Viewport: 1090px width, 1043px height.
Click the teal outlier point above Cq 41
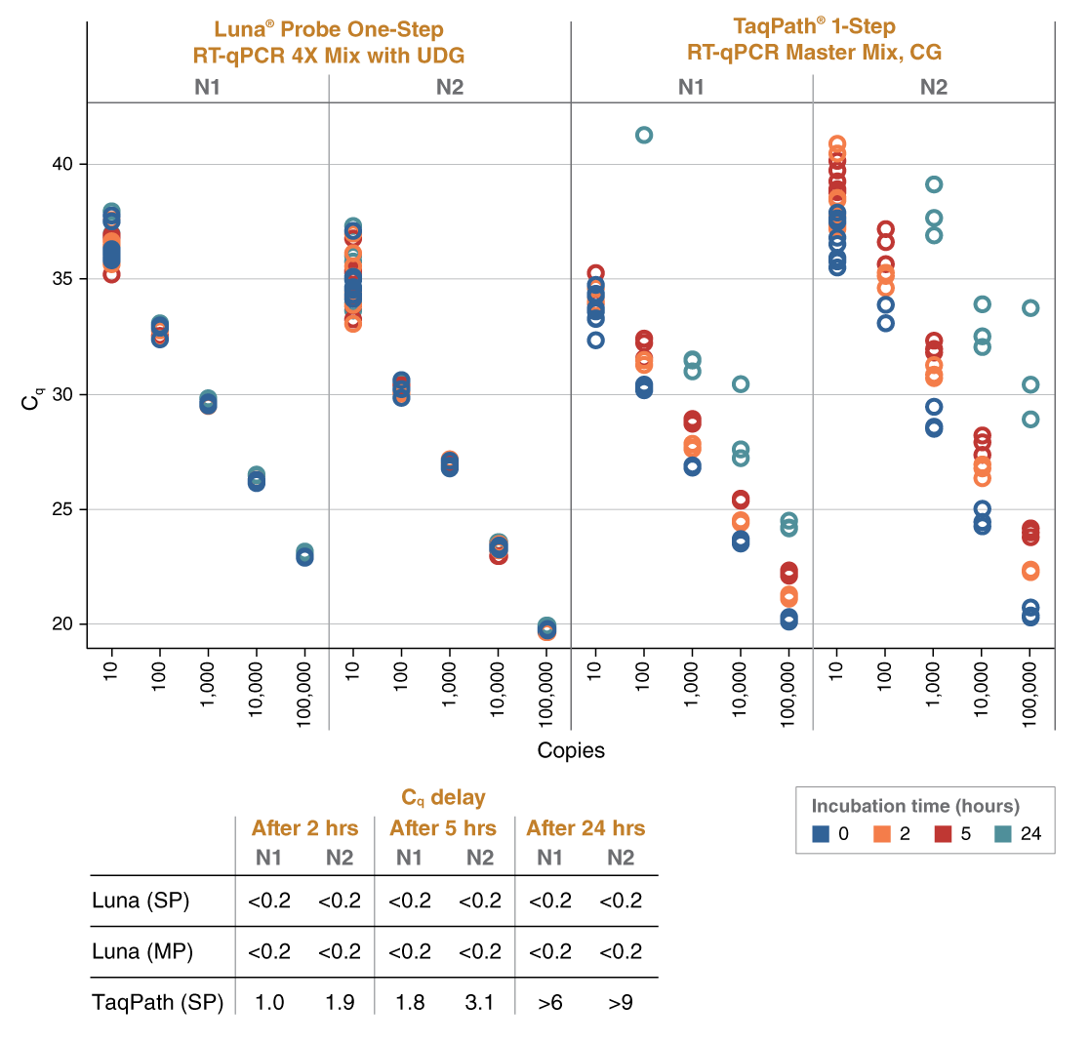point(644,135)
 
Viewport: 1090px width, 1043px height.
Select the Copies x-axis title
point(571,750)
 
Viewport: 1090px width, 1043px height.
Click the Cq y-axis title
point(35,398)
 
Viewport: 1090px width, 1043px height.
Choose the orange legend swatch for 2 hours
point(881,834)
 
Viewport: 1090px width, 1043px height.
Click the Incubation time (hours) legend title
point(915,806)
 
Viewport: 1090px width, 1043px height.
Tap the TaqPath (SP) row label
point(157,1001)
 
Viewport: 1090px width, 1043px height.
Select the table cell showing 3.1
point(480,1001)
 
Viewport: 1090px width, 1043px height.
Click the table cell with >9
point(621,1001)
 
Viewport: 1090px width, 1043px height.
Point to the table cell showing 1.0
point(269,1001)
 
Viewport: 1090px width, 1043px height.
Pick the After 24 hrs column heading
point(585,828)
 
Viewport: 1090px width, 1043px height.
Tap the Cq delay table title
point(444,797)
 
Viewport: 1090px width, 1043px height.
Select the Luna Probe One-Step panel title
point(329,41)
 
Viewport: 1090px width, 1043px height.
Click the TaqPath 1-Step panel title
point(813,39)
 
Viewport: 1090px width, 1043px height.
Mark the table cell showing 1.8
point(409,1001)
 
